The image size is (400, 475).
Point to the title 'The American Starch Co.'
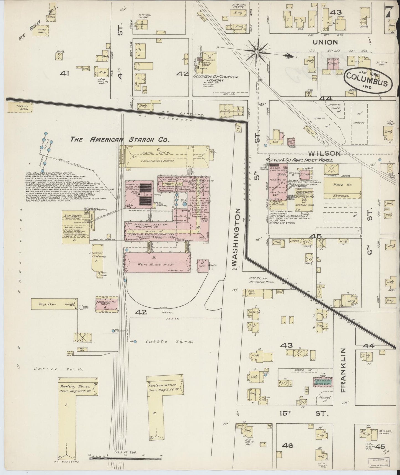click(x=119, y=140)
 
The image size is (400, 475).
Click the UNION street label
click(x=326, y=42)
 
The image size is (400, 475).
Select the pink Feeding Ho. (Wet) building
click(x=107, y=303)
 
